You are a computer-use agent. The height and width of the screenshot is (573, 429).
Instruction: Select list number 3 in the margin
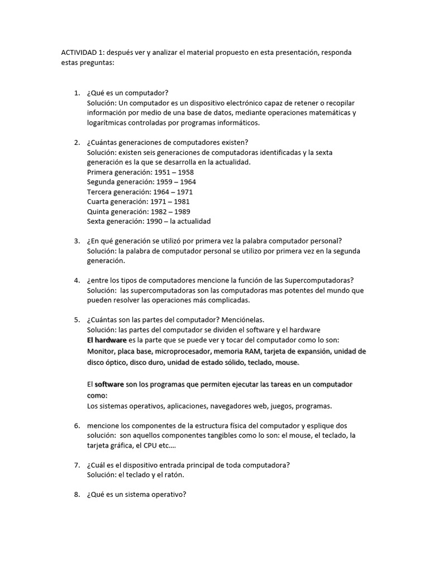pyautogui.click(x=77, y=241)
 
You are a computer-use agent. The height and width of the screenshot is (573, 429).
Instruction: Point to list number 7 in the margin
pyautogui.click(x=77, y=465)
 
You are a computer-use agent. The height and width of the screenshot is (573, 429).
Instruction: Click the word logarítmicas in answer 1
pyautogui.click(x=108, y=123)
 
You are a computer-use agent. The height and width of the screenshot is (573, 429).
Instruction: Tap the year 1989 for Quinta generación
pyautogui.click(x=181, y=212)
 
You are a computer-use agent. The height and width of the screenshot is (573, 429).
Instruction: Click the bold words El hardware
pyautogui.click(x=107, y=340)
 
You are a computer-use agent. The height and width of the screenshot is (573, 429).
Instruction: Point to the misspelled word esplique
pyautogui.click(x=321, y=426)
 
